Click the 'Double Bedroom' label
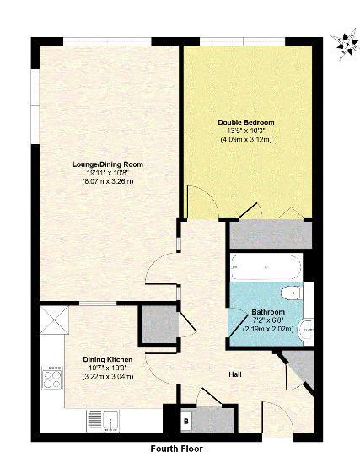pos(245,122)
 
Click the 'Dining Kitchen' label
pos(106,359)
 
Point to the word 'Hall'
pos(238,373)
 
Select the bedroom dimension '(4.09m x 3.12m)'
pos(245,139)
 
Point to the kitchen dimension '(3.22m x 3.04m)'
pos(106,376)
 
